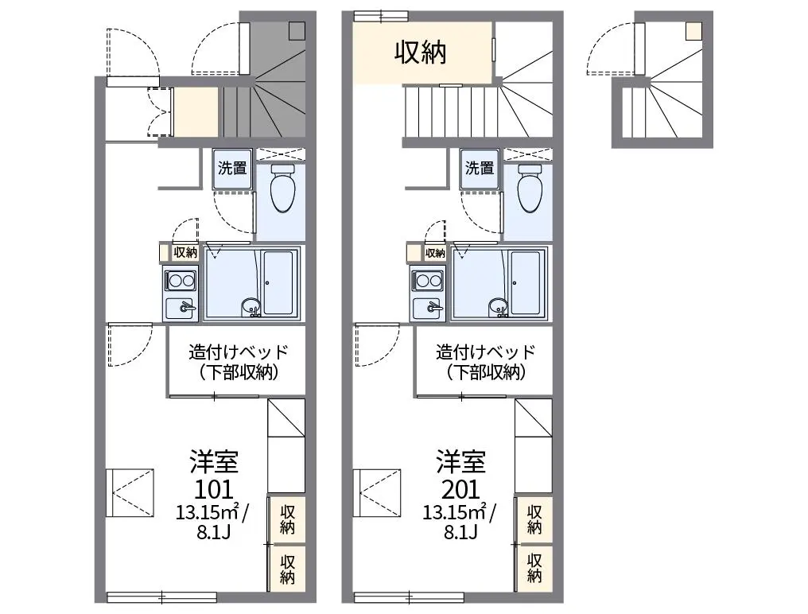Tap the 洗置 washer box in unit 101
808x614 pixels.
[x=232, y=169]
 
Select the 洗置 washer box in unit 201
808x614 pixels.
[x=480, y=169]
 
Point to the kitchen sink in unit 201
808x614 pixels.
[x=427, y=308]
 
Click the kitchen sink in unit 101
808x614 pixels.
[x=180, y=308]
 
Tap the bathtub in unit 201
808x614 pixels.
[x=526, y=283]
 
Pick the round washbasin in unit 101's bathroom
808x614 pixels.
[x=251, y=306]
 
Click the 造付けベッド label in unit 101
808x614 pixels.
[x=239, y=352]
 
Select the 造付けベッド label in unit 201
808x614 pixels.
[x=486, y=352]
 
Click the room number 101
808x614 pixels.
[x=213, y=488]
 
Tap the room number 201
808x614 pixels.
[x=460, y=488]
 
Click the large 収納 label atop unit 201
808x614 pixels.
[x=420, y=52]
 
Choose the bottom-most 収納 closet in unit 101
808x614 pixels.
[x=288, y=569]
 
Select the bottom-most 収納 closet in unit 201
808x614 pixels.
[x=534, y=569]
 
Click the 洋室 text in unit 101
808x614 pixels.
[x=214, y=461]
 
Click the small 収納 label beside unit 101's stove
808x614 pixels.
[x=185, y=252]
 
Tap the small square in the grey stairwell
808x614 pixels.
[x=297, y=31]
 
